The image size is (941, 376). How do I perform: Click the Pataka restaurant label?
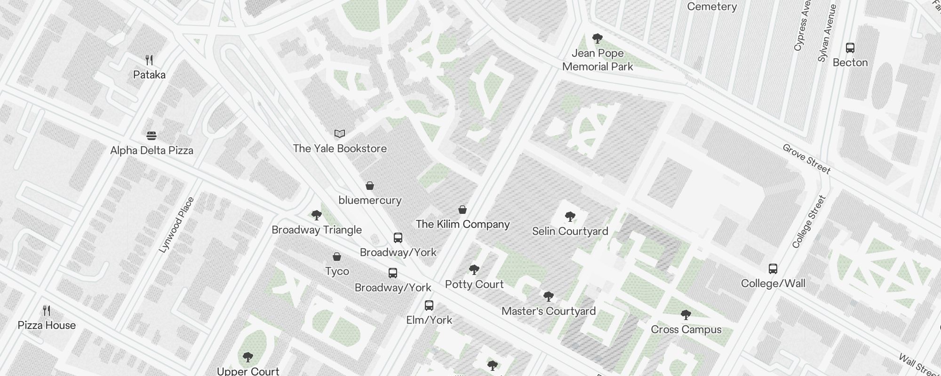pyautogui.click(x=149, y=75)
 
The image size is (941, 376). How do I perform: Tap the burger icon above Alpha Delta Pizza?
pyautogui.click(x=151, y=136)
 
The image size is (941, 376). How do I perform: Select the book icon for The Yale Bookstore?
pyautogui.click(x=340, y=134)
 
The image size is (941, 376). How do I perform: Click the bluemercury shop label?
pyautogui.click(x=370, y=200)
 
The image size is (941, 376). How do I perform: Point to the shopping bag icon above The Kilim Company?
pyautogui.click(x=463, y=210)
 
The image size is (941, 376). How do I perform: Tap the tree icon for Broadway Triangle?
pyautogui.click(x=317, y=215)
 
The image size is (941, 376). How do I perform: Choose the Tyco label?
pyautogui.click(x=337, y=271)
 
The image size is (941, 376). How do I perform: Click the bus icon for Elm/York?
pyautogui.click(x=429, y=305)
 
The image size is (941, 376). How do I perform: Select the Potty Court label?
pyautogui.click(x=474, y=284)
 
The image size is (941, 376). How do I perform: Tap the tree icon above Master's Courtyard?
pyautogui.click(x=548, y=297)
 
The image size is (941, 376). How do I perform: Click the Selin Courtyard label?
pyautogui.click(x=570, y=231)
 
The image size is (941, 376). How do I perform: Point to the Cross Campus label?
pyautogui.click(x=686, y=329)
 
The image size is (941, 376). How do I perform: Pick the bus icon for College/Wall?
pyautogui.click(x=773, y=269)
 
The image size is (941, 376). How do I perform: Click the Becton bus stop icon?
pyautogui.click(x=850, y=48)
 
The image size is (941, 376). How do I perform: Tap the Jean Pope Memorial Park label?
pyautogui.click(x=598, y=60)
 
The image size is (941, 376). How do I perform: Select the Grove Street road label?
pyautogui.click(x=806, y=159)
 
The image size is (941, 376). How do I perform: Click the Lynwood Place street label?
pyautogui.click(x=176, y=225)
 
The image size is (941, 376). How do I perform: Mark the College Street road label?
pyautogui.click(x=809, y=222)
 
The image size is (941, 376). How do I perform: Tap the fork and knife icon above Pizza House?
pyautogui.click(x=47, y=311)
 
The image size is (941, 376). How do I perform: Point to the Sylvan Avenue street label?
pyautogui.click(x=827, y=33)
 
